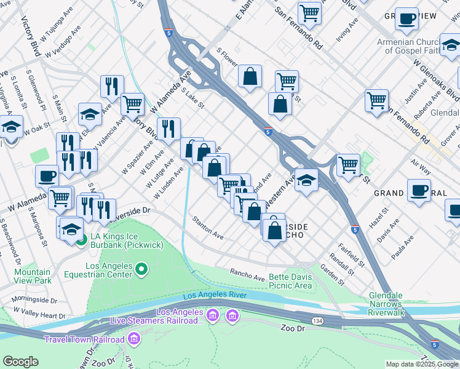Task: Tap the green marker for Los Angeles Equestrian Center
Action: pos(141,268)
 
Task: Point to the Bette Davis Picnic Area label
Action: pos(290,281)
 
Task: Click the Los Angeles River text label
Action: pos(215,295)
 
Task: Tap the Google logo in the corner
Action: pos(20,362)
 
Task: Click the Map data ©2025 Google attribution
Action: pos(422,364)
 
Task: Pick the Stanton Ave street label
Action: pos(207,227)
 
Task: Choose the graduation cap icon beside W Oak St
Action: pos(10,127)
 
